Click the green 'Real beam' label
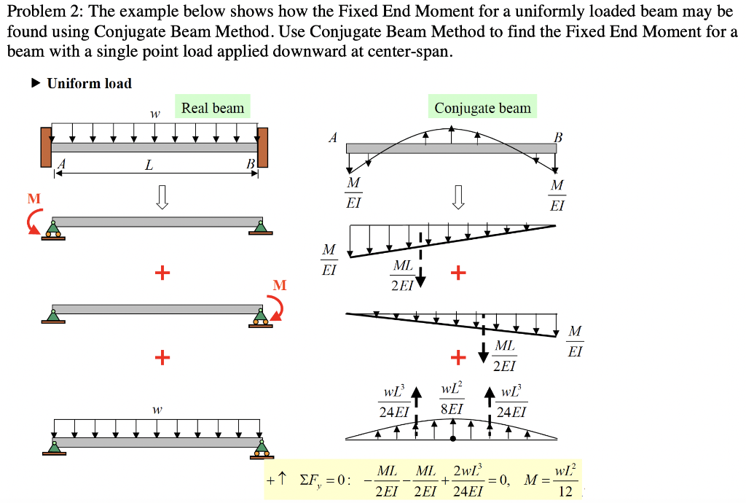point(212,108)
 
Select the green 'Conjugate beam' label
point(482,108)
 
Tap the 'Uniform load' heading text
point(89,84)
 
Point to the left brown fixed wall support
point(46,147)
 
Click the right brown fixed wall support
point(263,147)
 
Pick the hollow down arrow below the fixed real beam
point(162,197)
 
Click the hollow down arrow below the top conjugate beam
point(458,197)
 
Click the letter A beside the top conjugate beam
point(333,137)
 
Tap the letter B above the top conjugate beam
point(558,137)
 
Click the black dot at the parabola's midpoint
point(453,439)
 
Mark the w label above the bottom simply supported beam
point(155,410)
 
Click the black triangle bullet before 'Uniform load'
point(36,84)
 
